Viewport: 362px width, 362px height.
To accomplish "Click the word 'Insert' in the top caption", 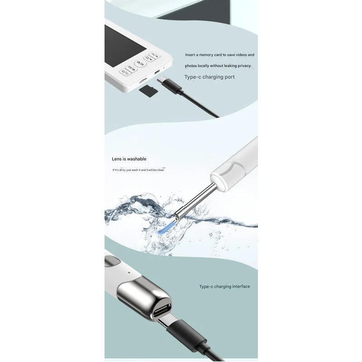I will [x=190, y=55].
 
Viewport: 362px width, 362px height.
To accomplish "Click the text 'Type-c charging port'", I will [x=210, y=77].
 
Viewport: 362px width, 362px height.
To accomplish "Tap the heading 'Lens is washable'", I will [x=129, y=159].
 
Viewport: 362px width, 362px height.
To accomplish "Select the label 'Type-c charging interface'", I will [x=224, y=286].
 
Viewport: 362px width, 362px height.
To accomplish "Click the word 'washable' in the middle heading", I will [x=137, y=159].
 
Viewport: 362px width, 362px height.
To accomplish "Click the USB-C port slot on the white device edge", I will [x=157, y=72].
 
